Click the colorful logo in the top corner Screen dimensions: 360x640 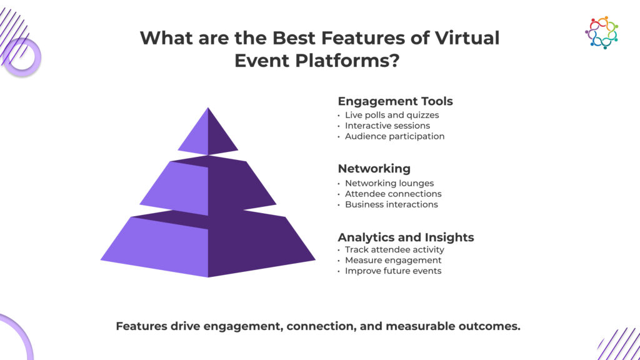tap(601, 32)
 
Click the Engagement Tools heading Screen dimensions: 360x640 tap(395, 101)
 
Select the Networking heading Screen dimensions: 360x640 tap(374, 169)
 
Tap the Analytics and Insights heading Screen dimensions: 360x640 tap(406, 237)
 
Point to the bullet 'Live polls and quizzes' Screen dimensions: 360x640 tap(392, 115)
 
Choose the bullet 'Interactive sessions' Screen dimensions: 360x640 tap(387, 126)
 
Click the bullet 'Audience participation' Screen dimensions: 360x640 tap(394, 136)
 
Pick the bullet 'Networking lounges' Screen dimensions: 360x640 tap(388, 183)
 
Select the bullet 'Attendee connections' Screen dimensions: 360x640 tap(393, 194)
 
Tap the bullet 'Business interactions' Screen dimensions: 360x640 tap(391, 204)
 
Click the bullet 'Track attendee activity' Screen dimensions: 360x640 tap(394, 250)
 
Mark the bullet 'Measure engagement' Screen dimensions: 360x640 tap(393, 260)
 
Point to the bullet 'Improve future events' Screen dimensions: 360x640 tap(393, 271)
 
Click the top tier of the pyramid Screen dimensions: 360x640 tap(208, 133)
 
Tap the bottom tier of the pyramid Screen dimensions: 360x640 tap(208, 245)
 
